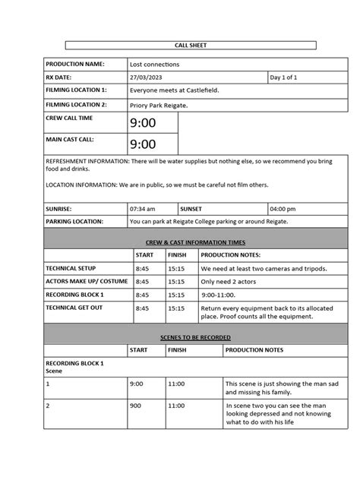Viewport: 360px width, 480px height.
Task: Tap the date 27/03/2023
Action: [x=147, y=77]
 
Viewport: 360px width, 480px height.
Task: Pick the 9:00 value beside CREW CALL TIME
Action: [x=143, y=122]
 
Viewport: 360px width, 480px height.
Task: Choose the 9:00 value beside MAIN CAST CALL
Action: [x=143, y=144]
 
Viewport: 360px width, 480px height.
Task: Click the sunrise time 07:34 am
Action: [x=143, y=208]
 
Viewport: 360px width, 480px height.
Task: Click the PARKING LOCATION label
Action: [x=79, y=222]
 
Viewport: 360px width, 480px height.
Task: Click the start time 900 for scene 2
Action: [x=136, y=406]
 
